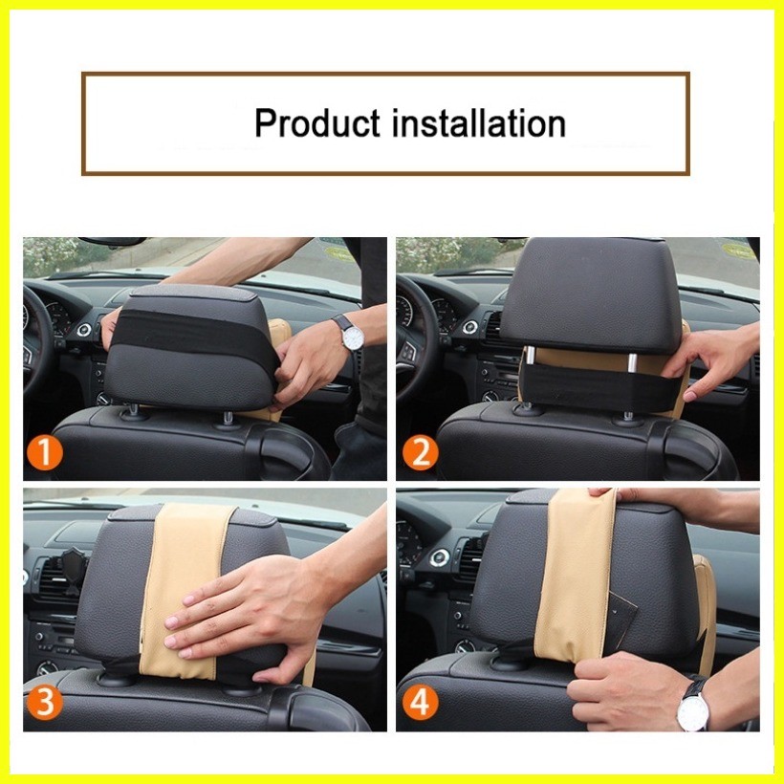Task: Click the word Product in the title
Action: (317, 123)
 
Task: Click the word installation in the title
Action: (479, 122)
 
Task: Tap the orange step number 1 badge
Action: (45, 453)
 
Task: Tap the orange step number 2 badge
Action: (421, 453)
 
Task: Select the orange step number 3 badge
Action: (45, 702)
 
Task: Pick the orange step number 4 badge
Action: (421, 702)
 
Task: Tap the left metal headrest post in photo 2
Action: (530, 355)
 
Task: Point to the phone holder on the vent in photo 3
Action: (73, 570)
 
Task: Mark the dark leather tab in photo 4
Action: (622, 620)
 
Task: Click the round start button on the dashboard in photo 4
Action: (440, 558)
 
